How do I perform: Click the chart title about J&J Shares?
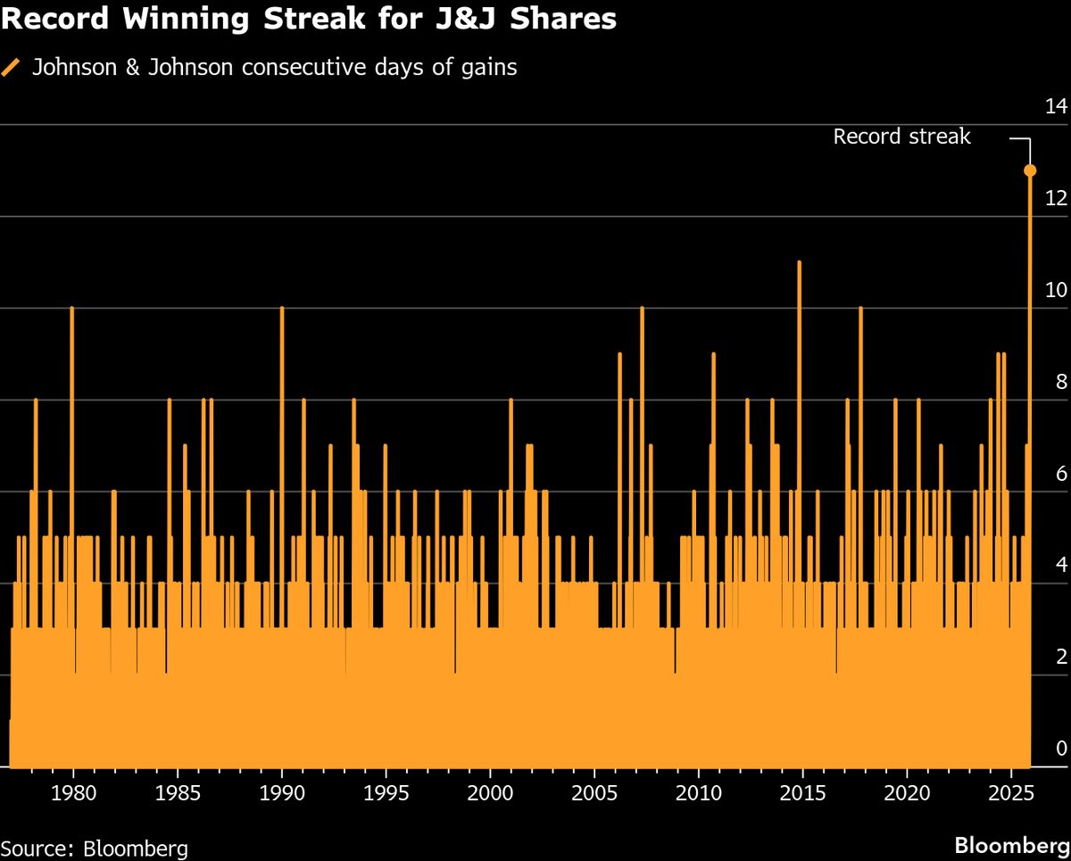tap(309, 20)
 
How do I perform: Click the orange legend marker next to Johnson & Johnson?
tap(12, 67)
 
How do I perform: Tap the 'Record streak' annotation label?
tap(901, 137)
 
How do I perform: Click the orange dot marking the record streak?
tap(1030, 170)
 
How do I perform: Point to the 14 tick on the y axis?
tap(1056, 107)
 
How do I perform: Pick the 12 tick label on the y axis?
tap(1056, 199)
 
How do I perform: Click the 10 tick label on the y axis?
tap(1056, 291)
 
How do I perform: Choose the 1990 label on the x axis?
tap(282, 794)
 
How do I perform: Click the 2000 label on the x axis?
tap(490, 794)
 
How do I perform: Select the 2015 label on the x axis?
tap(803, 794)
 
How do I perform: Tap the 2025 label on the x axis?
tap(1012, 794)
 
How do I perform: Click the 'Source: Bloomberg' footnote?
tap(95, 846)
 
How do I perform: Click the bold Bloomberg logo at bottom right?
tap(1011, 845)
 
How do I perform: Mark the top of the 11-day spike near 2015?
tap(799, 262)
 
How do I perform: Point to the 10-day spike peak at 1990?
tap(282, 308)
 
